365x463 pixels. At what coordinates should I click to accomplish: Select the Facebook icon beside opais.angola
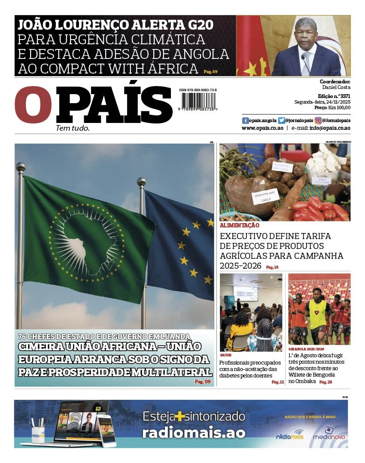pyautogui.click(x=245, y=121)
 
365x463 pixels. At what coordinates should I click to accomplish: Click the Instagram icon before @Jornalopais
pyautogui.click(x=318, y=121)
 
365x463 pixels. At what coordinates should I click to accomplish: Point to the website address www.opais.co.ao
pyautogui.click(x=262, y=128)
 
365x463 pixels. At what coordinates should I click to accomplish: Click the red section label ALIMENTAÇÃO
pyautogui.click(x=240, y=225)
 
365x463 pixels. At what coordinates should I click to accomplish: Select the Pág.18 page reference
pyautogui.click(x=272, y=267)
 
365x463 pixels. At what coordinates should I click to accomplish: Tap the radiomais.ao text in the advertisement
pyautogui.click(x=194, y=432)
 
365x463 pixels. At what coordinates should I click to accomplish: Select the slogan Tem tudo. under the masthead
pyautogui.click(x=73, y=128)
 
